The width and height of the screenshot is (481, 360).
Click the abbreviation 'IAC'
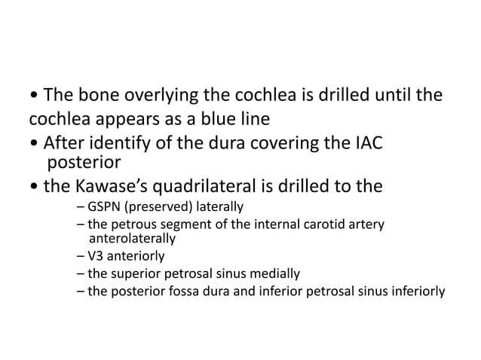(366, 141)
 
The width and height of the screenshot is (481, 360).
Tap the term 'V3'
(96, 256)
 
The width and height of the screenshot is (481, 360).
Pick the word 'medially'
(277, 273)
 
